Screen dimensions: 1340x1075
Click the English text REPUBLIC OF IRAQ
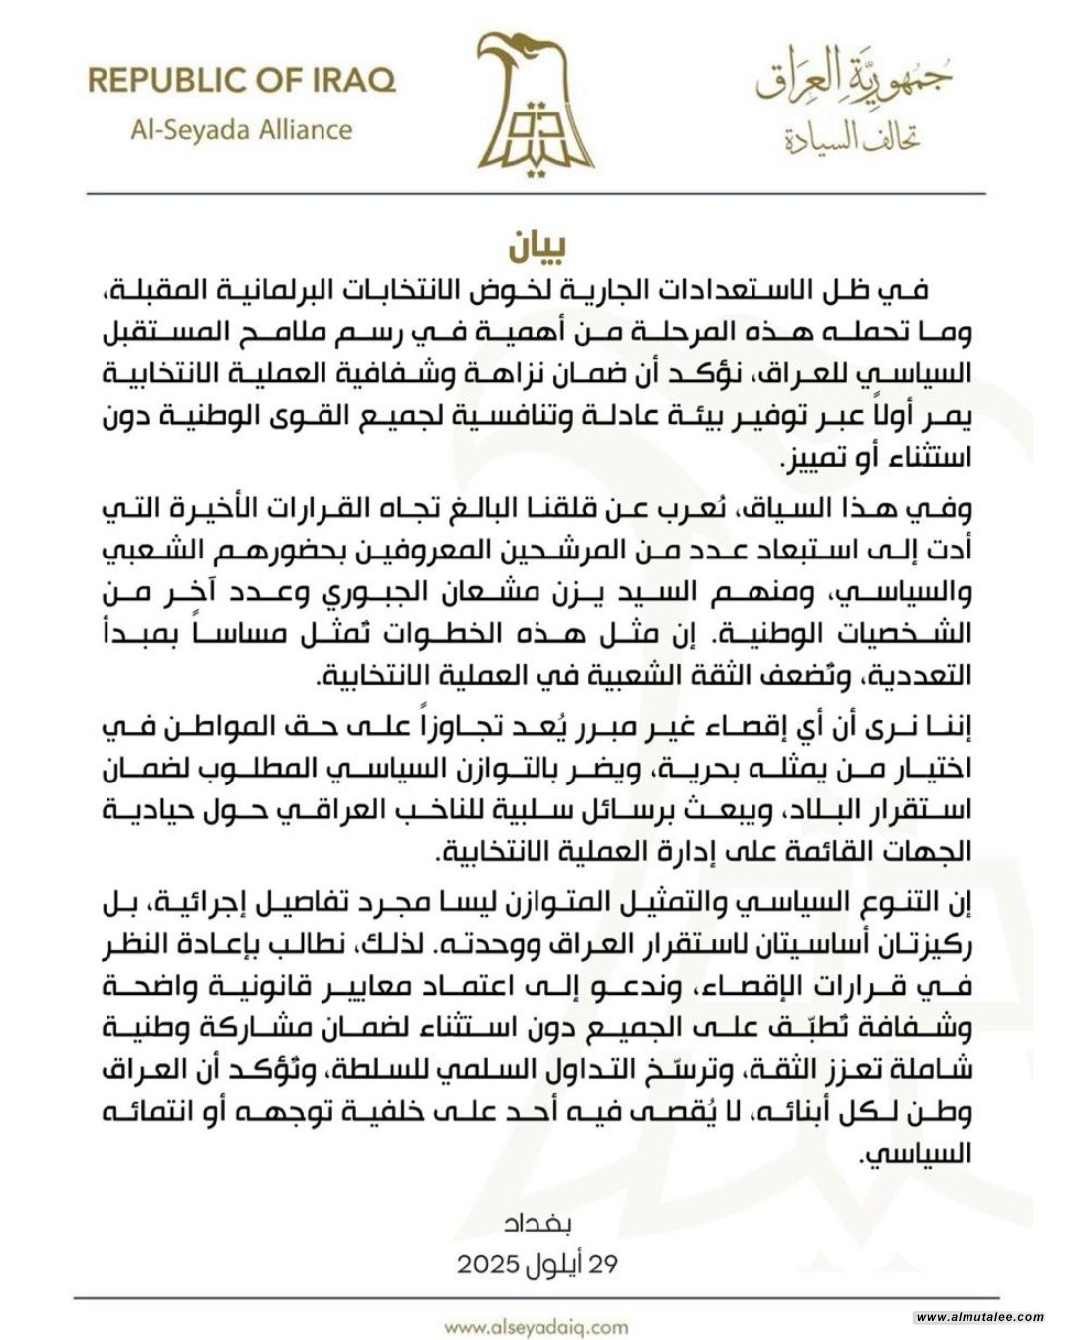pos(242,80)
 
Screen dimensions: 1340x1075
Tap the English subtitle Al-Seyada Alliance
pos(242,130)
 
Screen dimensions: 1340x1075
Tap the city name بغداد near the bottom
pos(537,1221)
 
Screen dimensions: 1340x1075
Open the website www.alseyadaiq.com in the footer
pos(537,1325)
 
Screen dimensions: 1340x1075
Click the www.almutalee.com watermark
pos(979,1316)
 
